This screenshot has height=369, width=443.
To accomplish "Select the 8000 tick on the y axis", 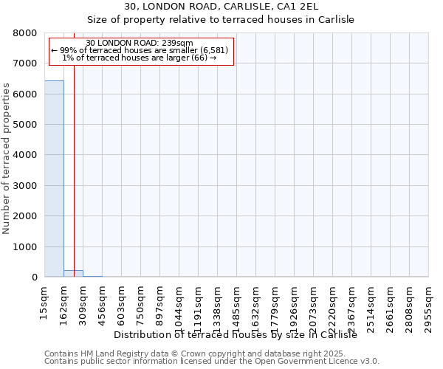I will (25, 33).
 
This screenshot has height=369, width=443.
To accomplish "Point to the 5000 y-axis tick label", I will (25, 125).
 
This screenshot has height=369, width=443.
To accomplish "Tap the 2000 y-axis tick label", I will (25, 216).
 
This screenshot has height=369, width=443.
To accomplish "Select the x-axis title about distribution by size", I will (236, 334).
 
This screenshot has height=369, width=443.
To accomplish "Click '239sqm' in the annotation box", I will (176, 43).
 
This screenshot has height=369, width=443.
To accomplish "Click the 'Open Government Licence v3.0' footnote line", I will (212, 362).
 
